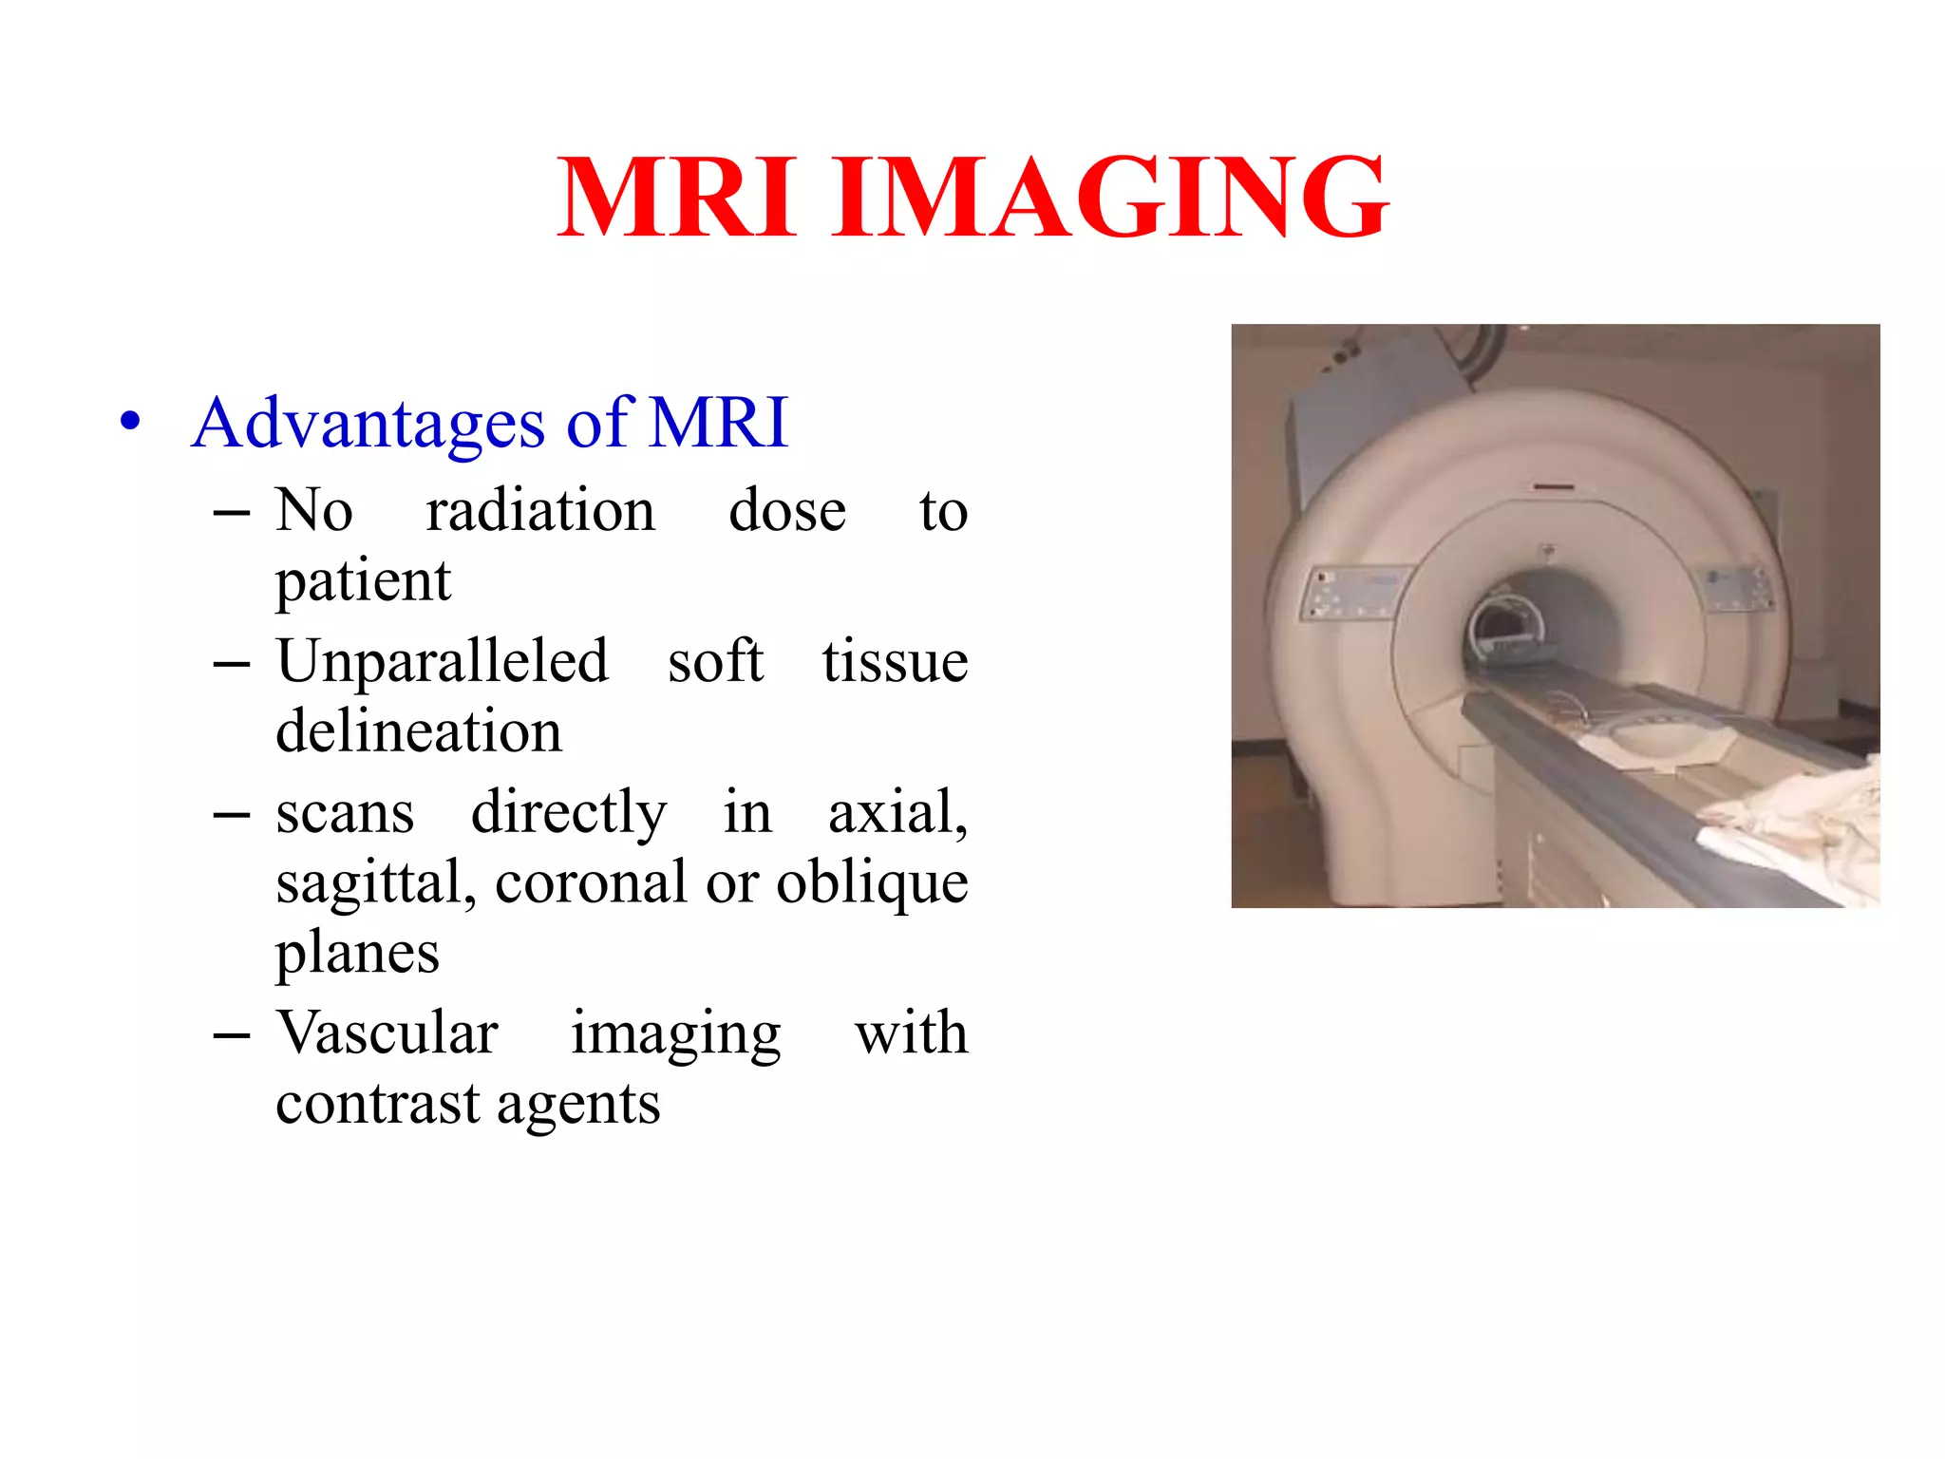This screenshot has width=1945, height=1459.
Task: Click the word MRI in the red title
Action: pos(676,198)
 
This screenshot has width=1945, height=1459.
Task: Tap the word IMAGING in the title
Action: pos(1110,198)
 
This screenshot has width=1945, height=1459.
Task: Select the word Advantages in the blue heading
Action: pos(368,423)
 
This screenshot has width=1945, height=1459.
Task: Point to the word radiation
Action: pos(540,510)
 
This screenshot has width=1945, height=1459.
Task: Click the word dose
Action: pos(786,510)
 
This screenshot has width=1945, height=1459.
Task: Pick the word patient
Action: pos(363,580)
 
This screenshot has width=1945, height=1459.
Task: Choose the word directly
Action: pos(569,813)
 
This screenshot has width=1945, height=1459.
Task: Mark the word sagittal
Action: pos(375,882)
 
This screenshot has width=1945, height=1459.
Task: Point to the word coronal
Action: pos(591,882)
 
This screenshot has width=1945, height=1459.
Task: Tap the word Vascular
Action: pos(387,1033)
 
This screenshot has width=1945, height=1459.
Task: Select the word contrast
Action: pos(377,1104)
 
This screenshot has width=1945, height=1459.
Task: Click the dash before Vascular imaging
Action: pos(232,1033)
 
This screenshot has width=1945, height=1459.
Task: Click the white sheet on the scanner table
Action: pos(1795,817)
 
